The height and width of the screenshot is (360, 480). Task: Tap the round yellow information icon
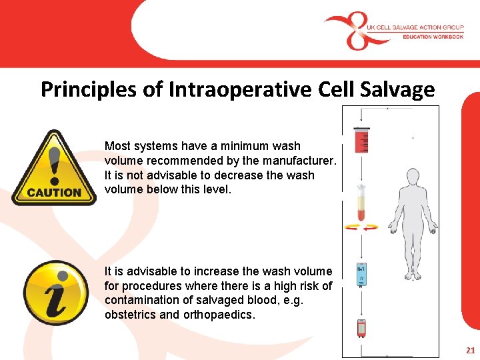click(x=55, y=293)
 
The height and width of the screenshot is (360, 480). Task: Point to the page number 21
click(x=471, y=350)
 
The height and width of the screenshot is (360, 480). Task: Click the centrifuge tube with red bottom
click(x=361, y=203)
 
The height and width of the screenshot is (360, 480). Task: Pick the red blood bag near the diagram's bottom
click(x=361, y=328)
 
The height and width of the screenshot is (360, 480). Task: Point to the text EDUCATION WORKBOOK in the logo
click(x=433, y=37)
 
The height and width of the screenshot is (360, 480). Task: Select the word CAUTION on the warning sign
click(x=54, y=192)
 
